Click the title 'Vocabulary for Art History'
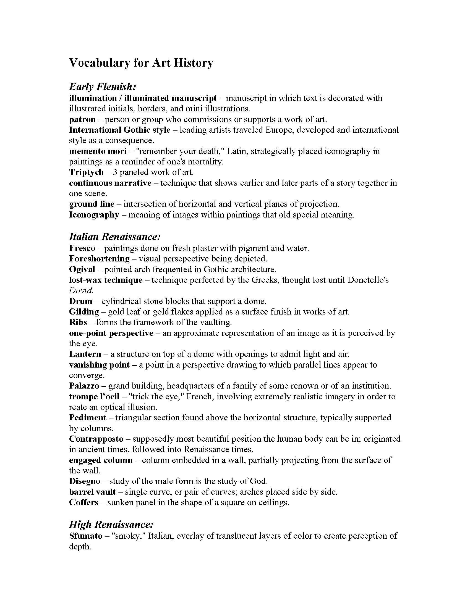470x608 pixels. coord(141,63)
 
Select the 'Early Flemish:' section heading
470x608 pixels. coord(103,87)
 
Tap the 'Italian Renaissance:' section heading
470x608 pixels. coord(115,237)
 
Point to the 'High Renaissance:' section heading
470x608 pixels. coord(111,525)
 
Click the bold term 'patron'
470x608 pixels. coord(82,119)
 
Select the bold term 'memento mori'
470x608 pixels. coord(98,151)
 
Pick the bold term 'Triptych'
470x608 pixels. coord(86,172)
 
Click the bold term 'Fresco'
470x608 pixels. coord(82,248)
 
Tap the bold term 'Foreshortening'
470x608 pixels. coord(100,259)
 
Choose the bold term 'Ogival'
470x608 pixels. coord(82,269)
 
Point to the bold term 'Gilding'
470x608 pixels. coord(84,312)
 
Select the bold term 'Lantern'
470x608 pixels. coord(85,354)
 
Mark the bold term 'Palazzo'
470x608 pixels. coord(84,386)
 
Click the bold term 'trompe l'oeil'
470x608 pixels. coord(94,396)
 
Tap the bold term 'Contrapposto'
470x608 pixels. coord(96,439)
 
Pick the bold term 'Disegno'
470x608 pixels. coord(85,481)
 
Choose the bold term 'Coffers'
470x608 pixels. coord(84,502)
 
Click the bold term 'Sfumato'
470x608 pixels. coord(86,536)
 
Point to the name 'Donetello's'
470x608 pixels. coord(368,280)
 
